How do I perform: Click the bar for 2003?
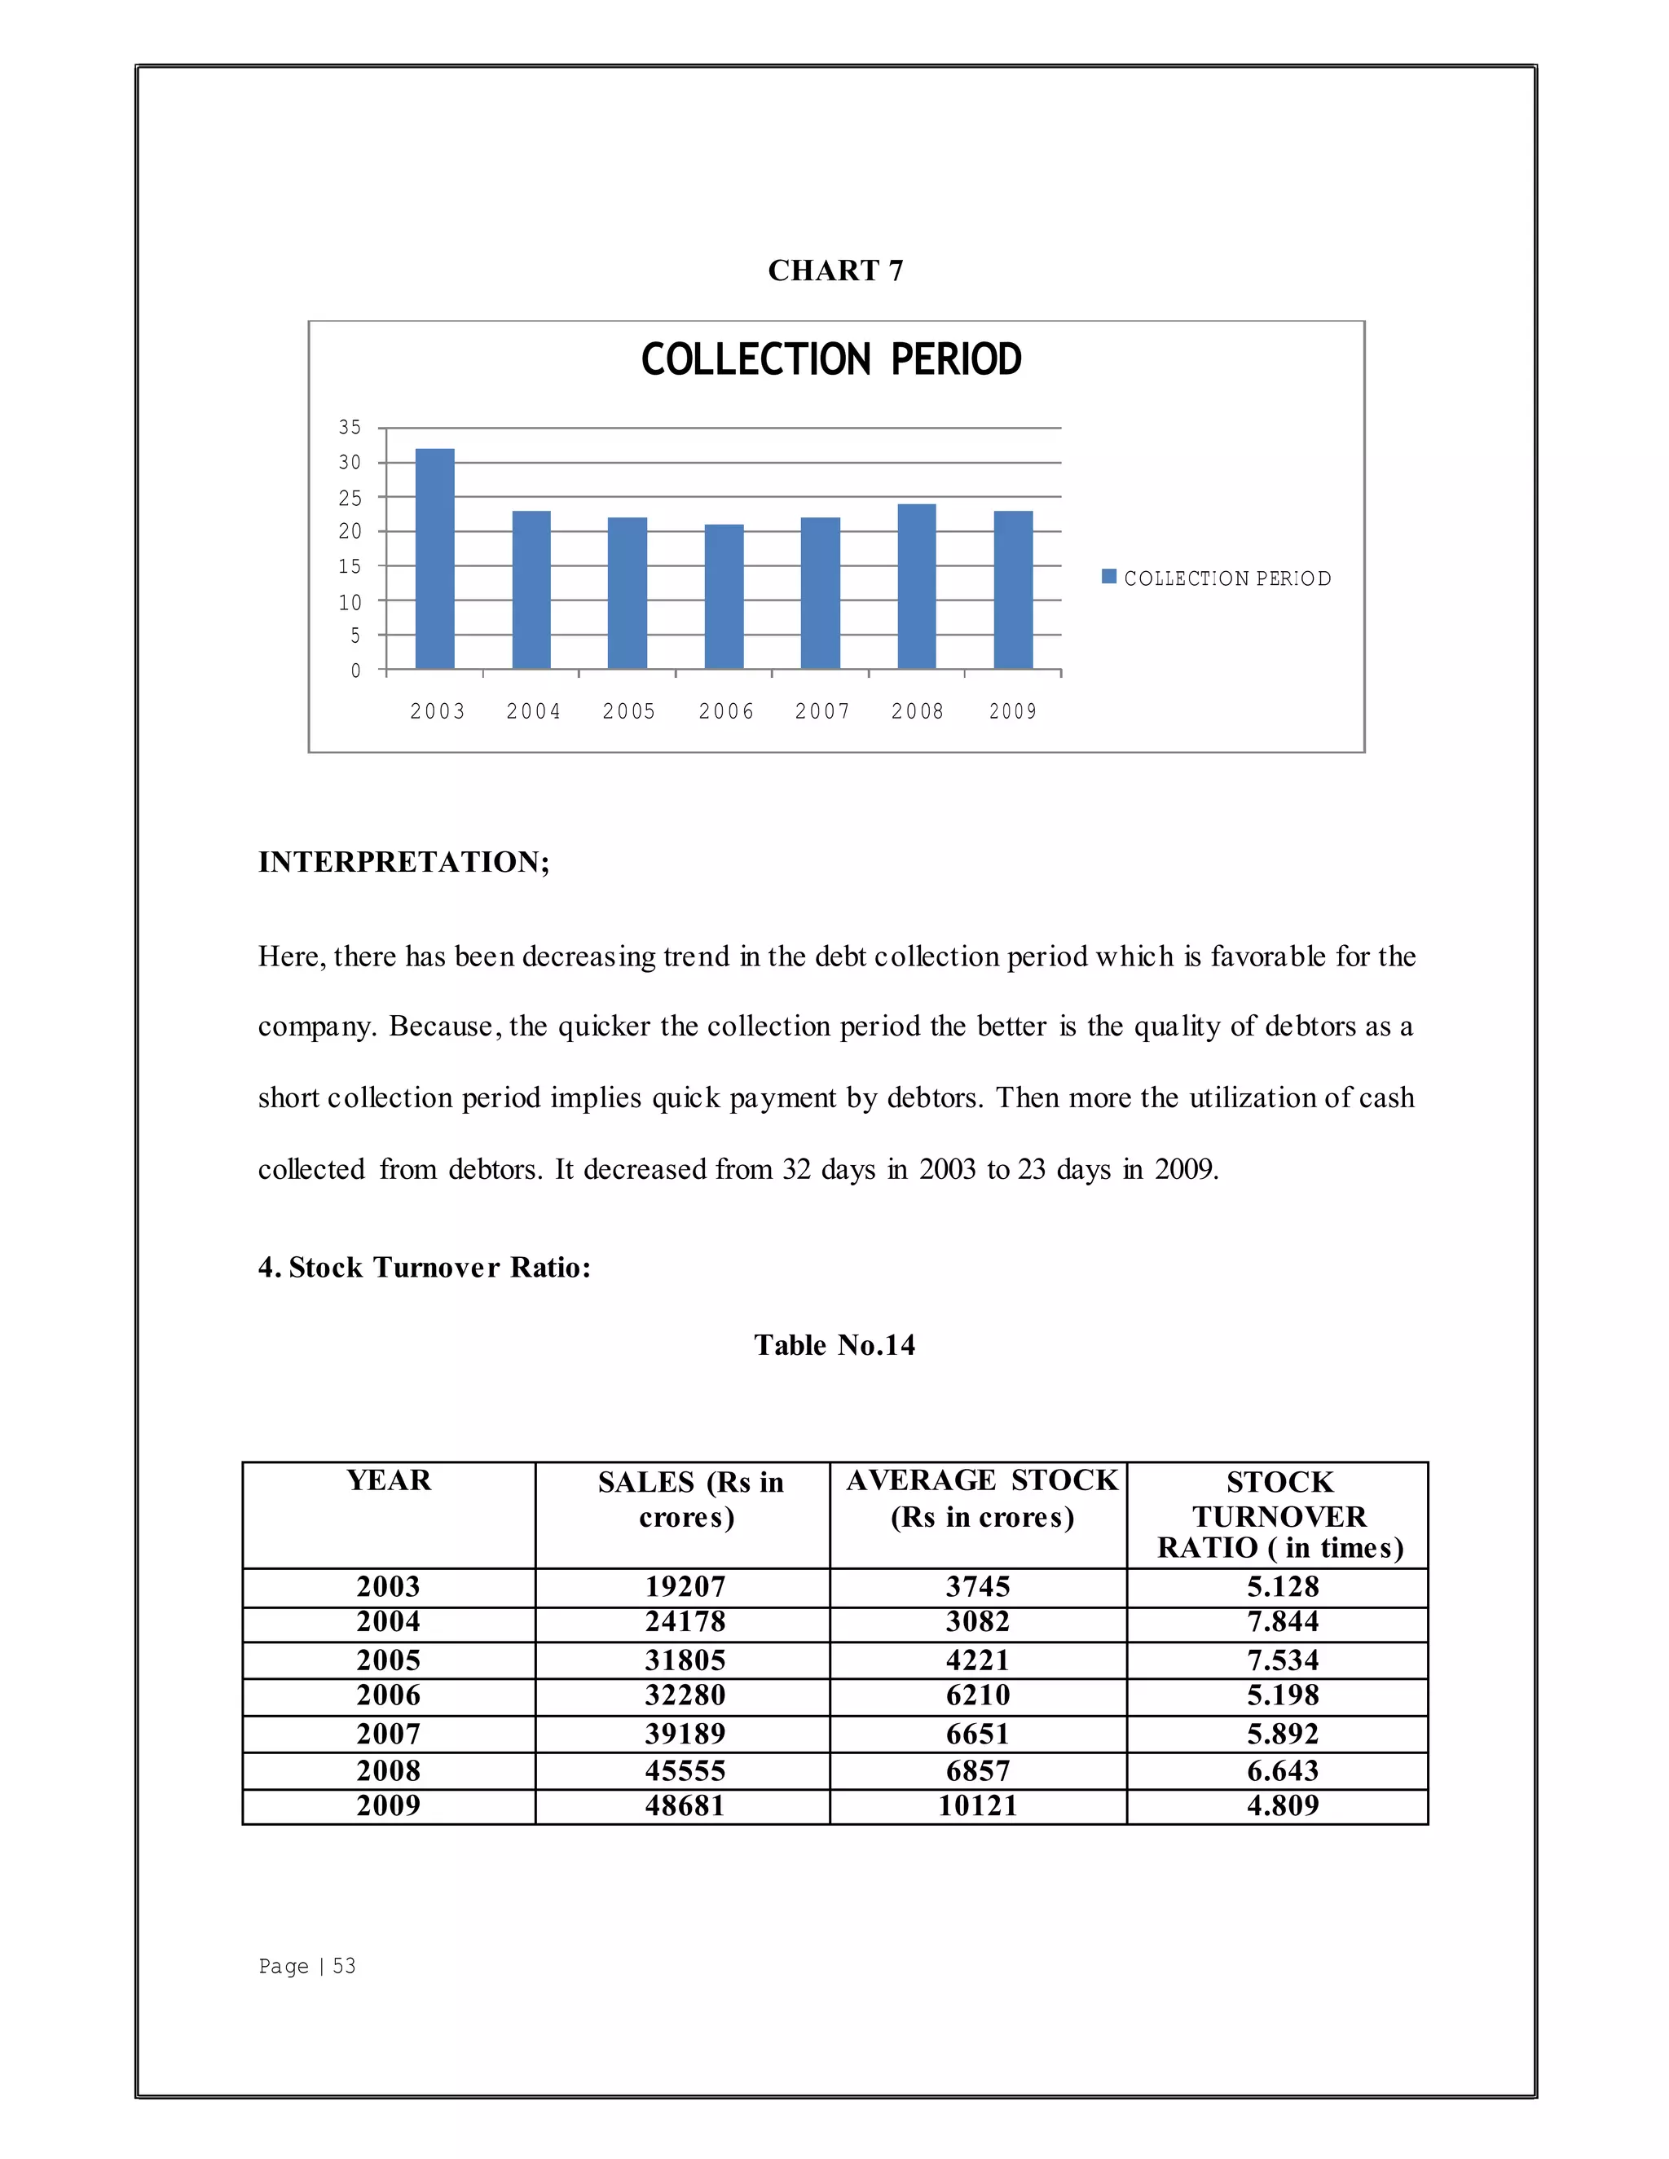[x=435, y=559]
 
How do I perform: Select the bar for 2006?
[x=724, y=597]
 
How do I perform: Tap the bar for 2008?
[x=917, y=587]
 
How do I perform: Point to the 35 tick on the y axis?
[x=350, y=427]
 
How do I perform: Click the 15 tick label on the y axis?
[x=350, y=566]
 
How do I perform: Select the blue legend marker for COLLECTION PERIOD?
[x=1109, y=576]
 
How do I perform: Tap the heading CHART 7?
[x=835, y=270]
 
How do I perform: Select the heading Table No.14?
[x=834, y=1344]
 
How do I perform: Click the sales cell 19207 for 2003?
[x=685, y=1586]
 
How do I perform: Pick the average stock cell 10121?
[x=978, y=1806]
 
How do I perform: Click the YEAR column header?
[x=389, y=1480]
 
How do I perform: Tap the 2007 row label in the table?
[x=389, y=1734]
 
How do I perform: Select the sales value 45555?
[x=685, y=1770]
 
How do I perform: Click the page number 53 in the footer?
[x=344, y=1966]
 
